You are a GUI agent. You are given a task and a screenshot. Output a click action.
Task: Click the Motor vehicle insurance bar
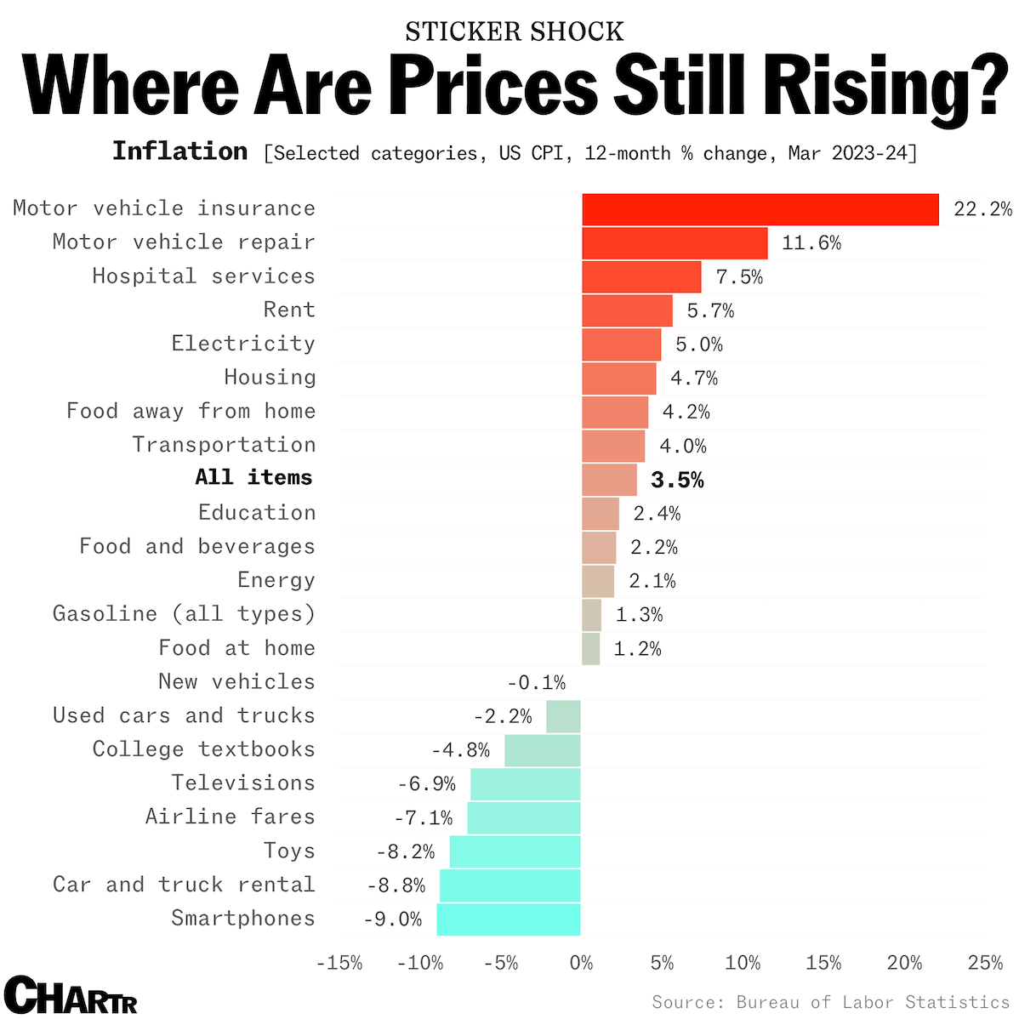760,209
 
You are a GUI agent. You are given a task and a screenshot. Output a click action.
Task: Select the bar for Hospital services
641,277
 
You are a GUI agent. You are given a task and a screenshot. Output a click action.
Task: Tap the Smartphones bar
509,919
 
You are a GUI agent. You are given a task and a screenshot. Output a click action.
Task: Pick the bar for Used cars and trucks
563,716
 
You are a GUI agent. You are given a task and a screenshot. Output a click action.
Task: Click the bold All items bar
609,480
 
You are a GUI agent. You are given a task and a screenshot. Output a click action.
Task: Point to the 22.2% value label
982,209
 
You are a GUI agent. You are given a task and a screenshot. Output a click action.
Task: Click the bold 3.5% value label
677,481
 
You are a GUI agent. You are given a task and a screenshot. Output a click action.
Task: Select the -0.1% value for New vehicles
536,682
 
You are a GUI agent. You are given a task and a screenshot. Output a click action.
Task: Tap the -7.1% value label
423,818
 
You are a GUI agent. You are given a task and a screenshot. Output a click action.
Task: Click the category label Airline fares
230,817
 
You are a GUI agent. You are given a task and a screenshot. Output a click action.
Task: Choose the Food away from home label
191,411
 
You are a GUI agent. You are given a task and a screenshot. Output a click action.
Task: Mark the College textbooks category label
203,749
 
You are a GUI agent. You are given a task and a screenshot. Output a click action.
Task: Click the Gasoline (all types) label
184,614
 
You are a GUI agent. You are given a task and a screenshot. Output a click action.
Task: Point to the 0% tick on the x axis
581,963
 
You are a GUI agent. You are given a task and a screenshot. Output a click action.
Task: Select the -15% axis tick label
339,963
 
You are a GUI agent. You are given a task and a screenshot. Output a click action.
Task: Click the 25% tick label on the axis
985,963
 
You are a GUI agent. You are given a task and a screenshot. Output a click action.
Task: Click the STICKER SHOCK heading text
514,32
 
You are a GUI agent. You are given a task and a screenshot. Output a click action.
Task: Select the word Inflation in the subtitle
179,151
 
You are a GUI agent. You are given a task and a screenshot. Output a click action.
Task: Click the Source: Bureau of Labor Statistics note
830,1002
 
